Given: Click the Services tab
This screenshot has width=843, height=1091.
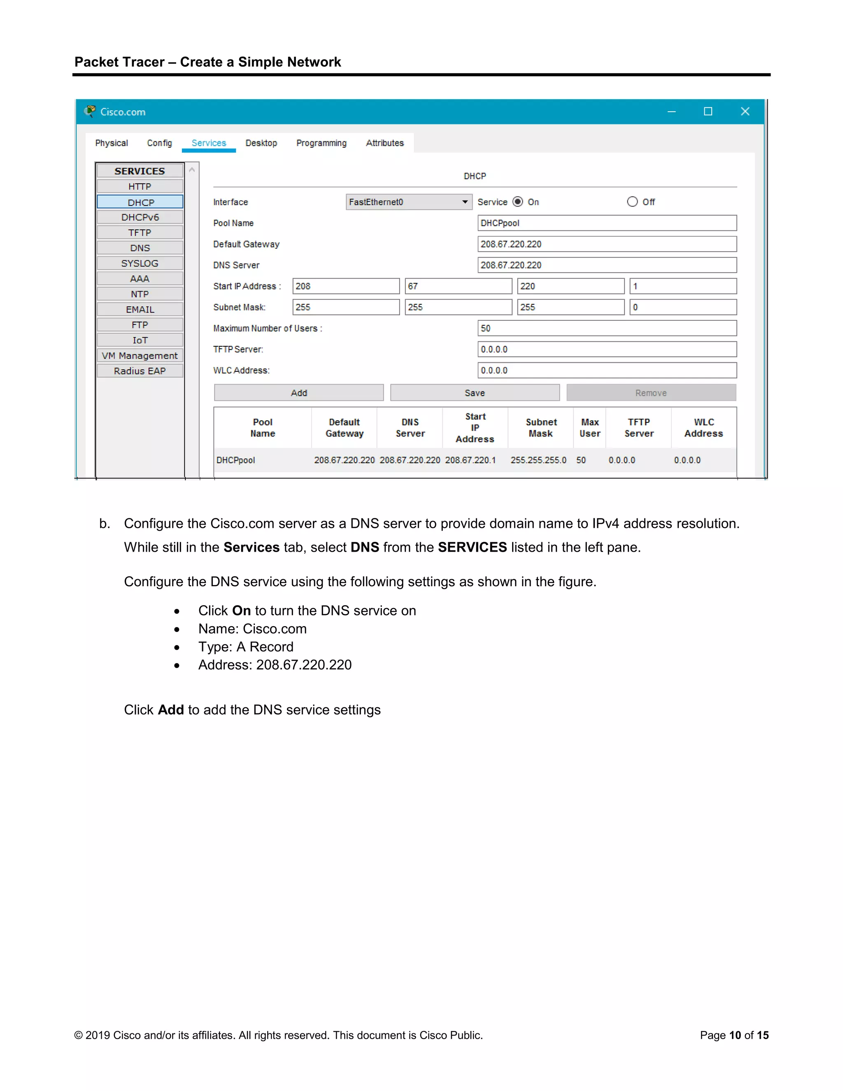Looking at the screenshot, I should pos(209,143).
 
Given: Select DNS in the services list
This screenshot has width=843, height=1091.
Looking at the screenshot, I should pos(140,248).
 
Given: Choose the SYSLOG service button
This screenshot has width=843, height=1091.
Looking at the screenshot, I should pos(140,263).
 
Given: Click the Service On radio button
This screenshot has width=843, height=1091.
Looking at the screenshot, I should pos(518,202).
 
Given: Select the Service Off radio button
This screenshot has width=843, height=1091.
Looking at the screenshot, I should pos(632,202).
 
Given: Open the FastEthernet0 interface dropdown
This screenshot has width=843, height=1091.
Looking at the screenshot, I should pos(408,202).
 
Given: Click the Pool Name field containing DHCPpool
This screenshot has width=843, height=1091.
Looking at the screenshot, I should pos(606,223).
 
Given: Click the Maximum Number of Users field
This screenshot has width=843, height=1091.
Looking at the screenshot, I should pos(606,328).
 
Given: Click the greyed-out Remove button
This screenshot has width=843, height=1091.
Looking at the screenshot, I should pos(651,393).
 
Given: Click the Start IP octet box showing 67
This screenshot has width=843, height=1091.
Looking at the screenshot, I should pos(458,286).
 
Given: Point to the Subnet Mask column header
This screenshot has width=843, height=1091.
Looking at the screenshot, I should pos(541,428).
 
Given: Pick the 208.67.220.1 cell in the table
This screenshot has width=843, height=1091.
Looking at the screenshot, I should pos(470,460).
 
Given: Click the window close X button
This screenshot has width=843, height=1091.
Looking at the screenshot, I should pos(745,112).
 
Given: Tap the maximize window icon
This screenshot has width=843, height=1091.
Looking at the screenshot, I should pos(708,112).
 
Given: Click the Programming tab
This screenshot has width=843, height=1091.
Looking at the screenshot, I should pos(321,143).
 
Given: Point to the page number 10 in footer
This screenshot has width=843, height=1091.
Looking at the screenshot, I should pos(735,1035).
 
